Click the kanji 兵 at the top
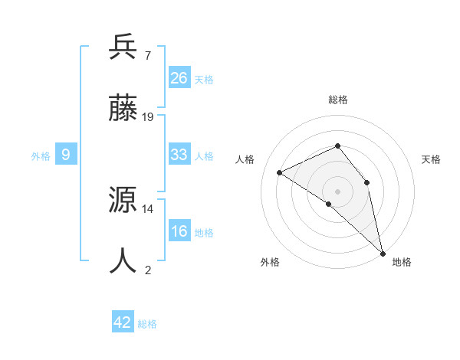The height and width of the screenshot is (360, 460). [123, 48]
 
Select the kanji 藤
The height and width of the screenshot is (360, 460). [123, 108]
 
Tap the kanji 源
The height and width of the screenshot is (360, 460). [123, 201]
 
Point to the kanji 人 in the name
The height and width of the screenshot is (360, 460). [123, 260]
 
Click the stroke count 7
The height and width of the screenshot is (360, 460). [147, 55]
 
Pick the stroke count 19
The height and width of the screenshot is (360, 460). [148, 116]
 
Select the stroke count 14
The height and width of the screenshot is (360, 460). [148, 208]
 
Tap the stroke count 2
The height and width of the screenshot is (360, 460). [147, 270]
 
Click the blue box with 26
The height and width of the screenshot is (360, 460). [179, 78]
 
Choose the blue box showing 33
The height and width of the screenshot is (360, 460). [179, 155]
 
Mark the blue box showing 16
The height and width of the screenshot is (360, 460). [179, 231]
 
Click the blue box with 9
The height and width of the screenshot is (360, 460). [66, 155]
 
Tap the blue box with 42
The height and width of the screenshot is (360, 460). [123, 322]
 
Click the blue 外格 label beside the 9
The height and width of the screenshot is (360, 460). [41, 156]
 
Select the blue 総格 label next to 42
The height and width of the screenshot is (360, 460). [147, 324]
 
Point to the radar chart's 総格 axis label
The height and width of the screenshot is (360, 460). [337, 100]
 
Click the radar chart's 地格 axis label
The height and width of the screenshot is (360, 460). [402, 263]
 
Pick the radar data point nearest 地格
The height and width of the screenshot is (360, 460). [382, 253]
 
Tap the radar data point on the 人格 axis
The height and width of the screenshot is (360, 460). [280, 172]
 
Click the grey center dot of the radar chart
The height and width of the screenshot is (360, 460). [337, 191]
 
